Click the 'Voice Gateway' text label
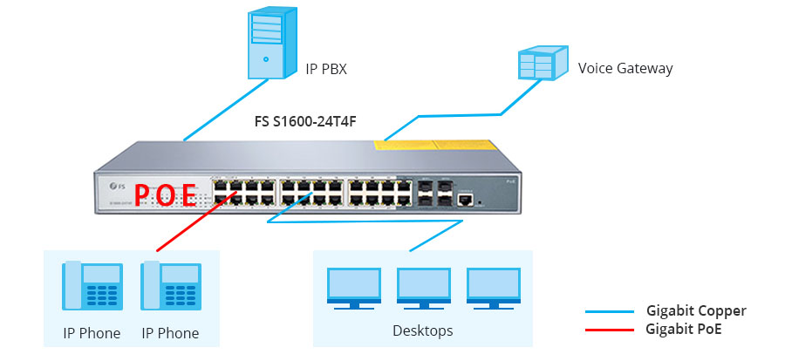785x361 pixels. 625,68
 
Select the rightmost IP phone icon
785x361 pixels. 170,287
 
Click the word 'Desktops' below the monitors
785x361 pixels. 423,331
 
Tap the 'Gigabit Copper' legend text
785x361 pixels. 696,310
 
